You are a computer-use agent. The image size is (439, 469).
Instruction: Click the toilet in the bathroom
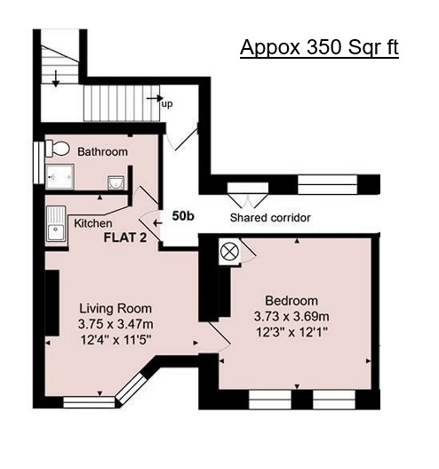point(57,149)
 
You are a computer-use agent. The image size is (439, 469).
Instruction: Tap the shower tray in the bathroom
point(60,177)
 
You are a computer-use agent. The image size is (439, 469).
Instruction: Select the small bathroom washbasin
point(116,182)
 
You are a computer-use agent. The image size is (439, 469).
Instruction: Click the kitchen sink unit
point(56,223)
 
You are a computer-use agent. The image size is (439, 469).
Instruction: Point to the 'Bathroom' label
point(102,151)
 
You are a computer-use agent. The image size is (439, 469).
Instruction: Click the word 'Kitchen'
point(93,223)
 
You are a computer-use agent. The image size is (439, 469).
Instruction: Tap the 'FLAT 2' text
point(125,238)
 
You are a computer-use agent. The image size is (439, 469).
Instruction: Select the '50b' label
point(183,216)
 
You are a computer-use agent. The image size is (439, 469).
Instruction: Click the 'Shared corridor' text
point(270,218)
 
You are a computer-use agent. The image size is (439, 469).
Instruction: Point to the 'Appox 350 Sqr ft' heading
point(319,47)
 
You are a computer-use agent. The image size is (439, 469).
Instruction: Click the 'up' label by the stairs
point(167,104)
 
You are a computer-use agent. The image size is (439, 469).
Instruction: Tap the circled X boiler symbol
point(230,252)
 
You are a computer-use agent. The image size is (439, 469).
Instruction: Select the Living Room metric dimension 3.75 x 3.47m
point(116,324)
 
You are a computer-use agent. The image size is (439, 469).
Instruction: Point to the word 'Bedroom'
point(291,301)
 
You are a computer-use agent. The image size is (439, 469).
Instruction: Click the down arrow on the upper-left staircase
point(56,78)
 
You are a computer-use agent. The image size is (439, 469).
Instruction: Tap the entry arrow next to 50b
point(157,223)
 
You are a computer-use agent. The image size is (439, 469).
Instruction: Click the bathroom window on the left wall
point(38,163)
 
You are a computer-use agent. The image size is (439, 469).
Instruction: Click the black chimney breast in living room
point(52,303)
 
